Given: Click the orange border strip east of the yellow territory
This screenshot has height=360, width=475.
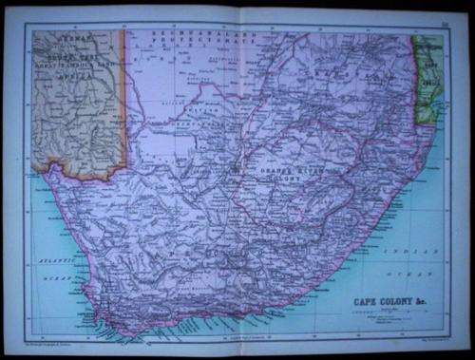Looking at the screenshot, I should [124, 104].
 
